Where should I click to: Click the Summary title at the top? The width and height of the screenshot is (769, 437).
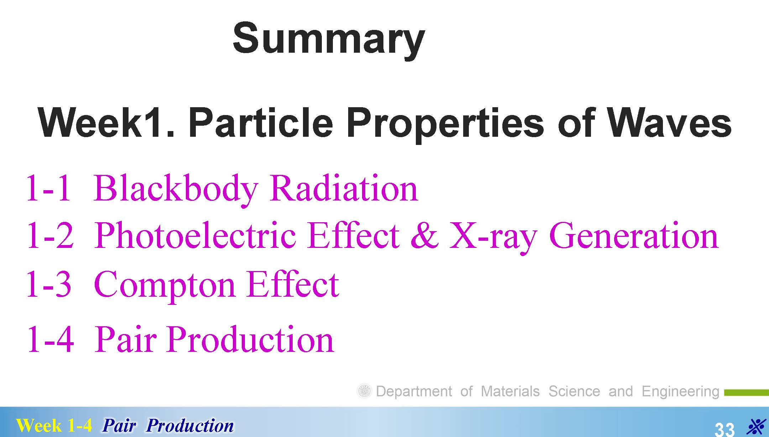[x=329, y=39]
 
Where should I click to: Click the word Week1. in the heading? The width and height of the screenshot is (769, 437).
[x=106, y=123]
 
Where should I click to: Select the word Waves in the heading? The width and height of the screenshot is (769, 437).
[x=669, y=123]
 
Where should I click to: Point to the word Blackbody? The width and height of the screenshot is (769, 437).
[x=176, y=189]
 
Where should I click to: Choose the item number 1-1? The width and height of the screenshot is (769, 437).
[x=48, y=189]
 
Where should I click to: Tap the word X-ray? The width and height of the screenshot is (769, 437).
[x=493, y=237]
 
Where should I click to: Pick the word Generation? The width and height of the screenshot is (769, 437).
[x=634, y=235]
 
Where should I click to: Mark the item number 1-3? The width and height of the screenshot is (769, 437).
[x=49, y=284]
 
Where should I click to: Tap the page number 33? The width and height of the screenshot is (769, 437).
[x=724, y=428]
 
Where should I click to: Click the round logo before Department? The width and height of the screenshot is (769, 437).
[x=364, y=391]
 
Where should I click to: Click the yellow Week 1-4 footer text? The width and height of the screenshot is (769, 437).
[x=54, y=426]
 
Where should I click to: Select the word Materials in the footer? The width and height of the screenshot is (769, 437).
[x=510, y=391]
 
